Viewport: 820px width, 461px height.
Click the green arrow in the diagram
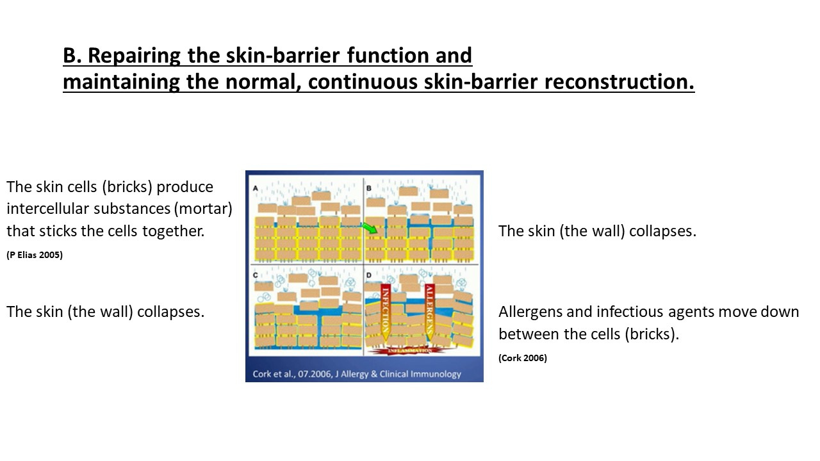369,227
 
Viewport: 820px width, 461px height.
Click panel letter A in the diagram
256,188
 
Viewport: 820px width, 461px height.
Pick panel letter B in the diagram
369,188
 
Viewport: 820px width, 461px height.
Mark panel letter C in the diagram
256,275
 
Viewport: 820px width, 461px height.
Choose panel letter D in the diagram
369,275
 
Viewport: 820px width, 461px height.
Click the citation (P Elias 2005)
35,255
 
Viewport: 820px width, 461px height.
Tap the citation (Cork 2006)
523,358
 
